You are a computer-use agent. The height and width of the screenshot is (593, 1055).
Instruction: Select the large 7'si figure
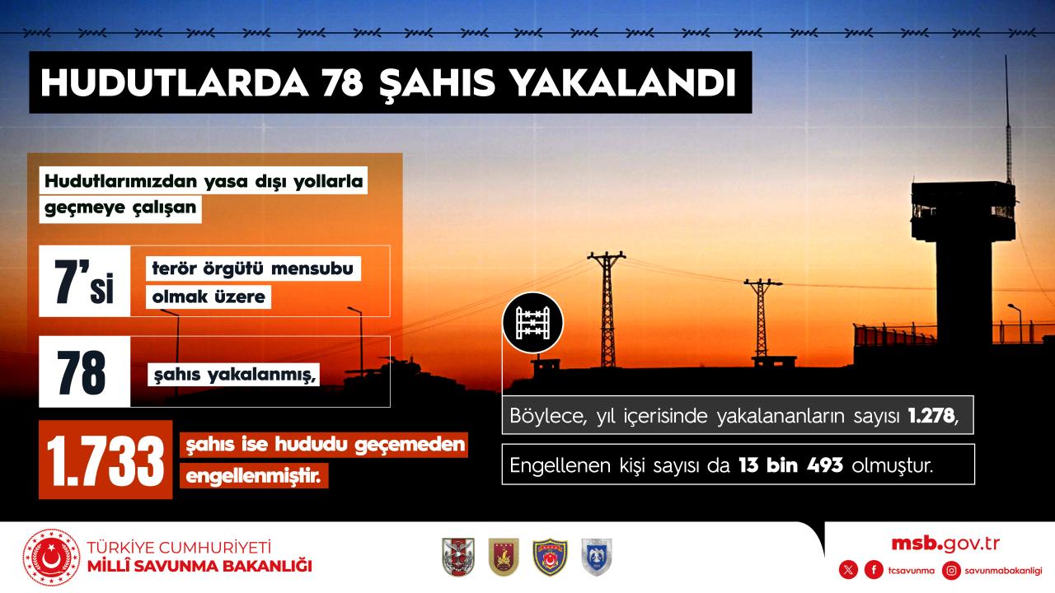tap(84, 282)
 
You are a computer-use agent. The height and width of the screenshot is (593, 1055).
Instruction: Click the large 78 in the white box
tap(82, 372)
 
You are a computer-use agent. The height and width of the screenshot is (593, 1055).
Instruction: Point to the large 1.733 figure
tap(105, 460)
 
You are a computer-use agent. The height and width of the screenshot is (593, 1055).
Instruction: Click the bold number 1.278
tap(931, 416)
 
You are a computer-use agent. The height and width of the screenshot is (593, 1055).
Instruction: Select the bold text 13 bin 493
tap(790, 465)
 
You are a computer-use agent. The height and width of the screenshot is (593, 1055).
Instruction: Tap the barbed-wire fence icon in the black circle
tap(532, 323)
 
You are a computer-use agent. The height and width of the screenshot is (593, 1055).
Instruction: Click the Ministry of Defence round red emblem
tap(52, 558)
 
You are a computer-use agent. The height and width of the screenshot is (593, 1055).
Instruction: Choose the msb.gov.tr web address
tap(945, 544)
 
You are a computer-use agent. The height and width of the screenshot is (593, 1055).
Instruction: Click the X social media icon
tap(848, 571)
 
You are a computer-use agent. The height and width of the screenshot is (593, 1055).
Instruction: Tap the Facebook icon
tap(874, 571)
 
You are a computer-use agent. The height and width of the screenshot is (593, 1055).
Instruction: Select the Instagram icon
tap(951, 571)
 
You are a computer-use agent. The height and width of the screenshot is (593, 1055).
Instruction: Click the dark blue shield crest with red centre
tap(550, 558)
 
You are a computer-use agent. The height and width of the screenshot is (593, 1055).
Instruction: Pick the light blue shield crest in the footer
tap(596, 558)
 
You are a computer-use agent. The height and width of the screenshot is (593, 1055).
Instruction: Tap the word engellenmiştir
tap(253, 476)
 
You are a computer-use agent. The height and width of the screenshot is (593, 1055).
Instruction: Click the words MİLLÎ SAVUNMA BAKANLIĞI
tap(199, 566)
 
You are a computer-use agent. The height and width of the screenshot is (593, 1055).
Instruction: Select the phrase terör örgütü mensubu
tap(252, 268)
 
